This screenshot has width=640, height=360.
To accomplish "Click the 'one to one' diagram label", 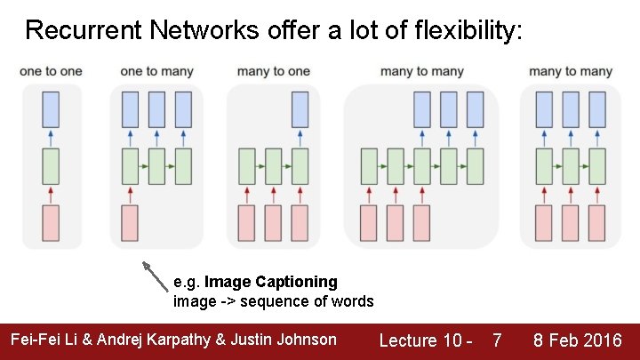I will (51, 71).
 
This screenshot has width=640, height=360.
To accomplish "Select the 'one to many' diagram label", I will (156, 71).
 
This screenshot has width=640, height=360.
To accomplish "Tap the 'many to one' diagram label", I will (274, 71).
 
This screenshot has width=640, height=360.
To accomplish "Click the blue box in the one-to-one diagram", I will (51, 108).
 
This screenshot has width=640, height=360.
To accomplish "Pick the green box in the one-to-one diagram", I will (51, 166).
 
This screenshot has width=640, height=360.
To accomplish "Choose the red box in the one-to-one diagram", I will (51, 223).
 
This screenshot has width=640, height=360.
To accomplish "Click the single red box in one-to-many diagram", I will (130, 223).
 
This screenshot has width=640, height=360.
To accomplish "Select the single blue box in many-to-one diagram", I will (300, 108).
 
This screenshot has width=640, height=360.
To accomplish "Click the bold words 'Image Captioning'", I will (270, 282).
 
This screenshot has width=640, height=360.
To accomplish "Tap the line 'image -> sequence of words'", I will (273, 301).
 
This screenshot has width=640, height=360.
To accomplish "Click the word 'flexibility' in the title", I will (468, 31).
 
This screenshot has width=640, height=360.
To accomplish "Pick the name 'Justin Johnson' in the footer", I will (288, 340).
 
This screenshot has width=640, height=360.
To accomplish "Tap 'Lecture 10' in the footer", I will (420, 340).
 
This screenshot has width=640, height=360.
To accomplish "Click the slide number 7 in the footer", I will (497, 340).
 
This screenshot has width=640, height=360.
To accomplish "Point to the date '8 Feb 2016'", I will (577, 340).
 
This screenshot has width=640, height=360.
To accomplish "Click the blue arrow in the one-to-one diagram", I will (51, 138).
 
